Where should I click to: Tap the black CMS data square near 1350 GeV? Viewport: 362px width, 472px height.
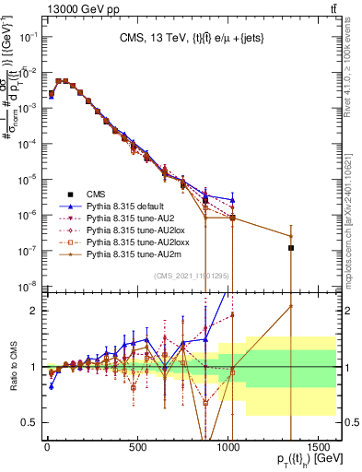click(x=291, y=248)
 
